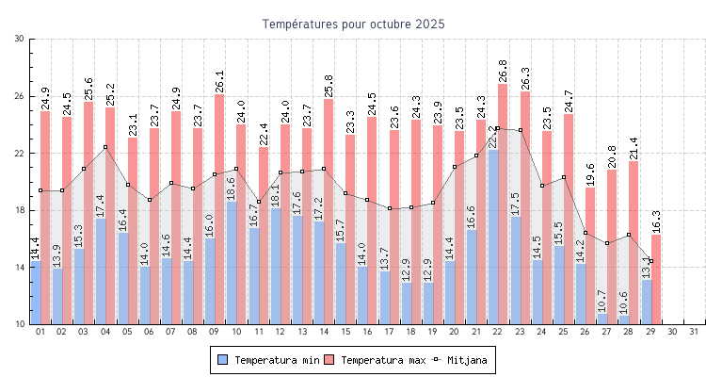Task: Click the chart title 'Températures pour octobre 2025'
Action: (353, 23)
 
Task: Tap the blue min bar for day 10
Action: (231, 263)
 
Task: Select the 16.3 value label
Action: (656, 221)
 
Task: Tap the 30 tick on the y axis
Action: (20, 39)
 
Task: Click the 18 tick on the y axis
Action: (20, 210)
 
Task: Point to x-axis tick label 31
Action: (695, 332)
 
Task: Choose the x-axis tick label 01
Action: (40, 332)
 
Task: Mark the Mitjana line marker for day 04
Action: (105, 147)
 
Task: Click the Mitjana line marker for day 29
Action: (650, 261)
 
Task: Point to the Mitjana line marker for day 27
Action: (607, 243)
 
